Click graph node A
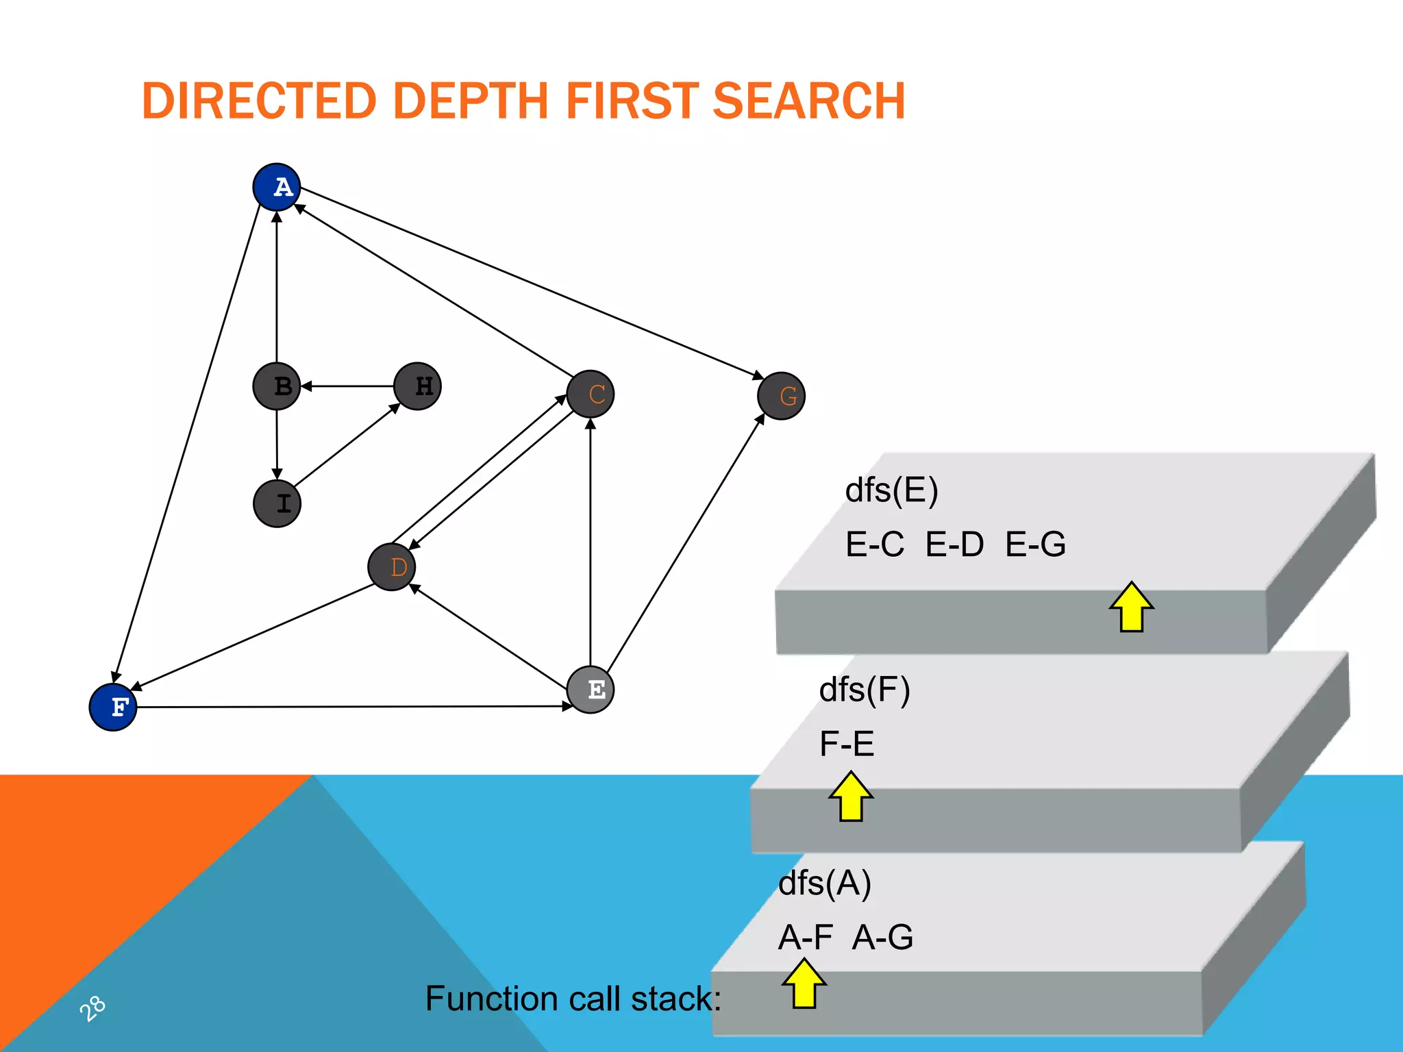pyautogui.click(x=277, y=187)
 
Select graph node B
pyautogui.click(x=277, y=386)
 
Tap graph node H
pyautogui.click(x=418, y=386)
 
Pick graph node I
pyautogui.click(x=277, y=503)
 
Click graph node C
pyautogui.click(x=591, y=394)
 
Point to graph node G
pyautogui.click(x=782, y=396)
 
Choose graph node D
pyautogui.click(x=392, y=567)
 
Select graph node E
pyautogui.click(x=591, y=690)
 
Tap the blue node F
pyautogui.click(x=113, y=707)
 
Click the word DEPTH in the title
pyautogui.click(x=471, y=101)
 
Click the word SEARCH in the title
pyautogui.click(x=809, y=101)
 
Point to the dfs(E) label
pyautogui.click(x=891, y=490)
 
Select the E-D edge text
pyautogui.click(x=954, y=544)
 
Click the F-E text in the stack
pyautogui.click(x=847, y=744)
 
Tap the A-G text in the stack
pyautogui.click(x=882, y=937)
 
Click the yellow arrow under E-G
pyautogui.click(x=1132, y=607)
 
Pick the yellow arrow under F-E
pyautogui.click(x=851, y=796)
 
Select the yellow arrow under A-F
pyautogui.click(x=804, y=984)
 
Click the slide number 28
pyautogui.click(x=92, y=1008)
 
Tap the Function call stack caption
pyautogui.click(x=573, y=999)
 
